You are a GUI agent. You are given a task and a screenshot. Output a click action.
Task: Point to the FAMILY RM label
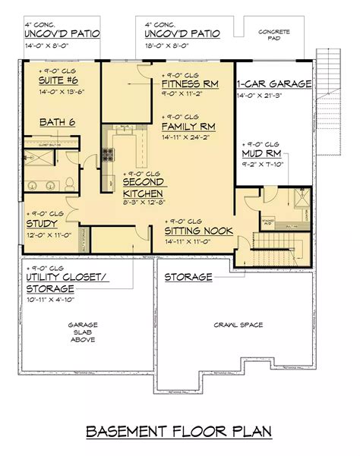[x=191, y=127]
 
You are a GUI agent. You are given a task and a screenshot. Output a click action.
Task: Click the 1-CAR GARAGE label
[x=274, y=83]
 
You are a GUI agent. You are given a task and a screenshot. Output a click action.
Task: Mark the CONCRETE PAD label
[x=273, y=35]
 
